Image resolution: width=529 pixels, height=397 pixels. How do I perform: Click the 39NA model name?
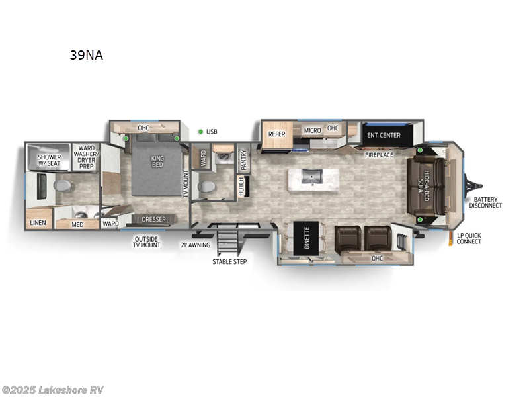click(86, 56)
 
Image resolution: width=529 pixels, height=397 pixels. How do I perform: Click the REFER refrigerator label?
click(276, 134)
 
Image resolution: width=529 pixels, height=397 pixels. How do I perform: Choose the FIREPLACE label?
click(380, 155)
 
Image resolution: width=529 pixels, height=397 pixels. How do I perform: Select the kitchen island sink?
click(310, 177)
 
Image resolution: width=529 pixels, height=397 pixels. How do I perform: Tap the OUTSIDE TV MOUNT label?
click(147, 242)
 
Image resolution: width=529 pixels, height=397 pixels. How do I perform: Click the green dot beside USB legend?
click(200, 132)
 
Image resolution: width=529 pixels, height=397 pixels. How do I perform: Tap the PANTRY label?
click(243, 159)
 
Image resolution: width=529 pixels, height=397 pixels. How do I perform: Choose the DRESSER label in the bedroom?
click(153, 220)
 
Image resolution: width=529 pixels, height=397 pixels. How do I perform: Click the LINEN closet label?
click(38, 223)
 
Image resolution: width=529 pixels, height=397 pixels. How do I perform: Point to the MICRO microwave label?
click(312, 130)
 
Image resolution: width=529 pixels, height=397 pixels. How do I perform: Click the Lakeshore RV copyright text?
click(52, 390)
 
